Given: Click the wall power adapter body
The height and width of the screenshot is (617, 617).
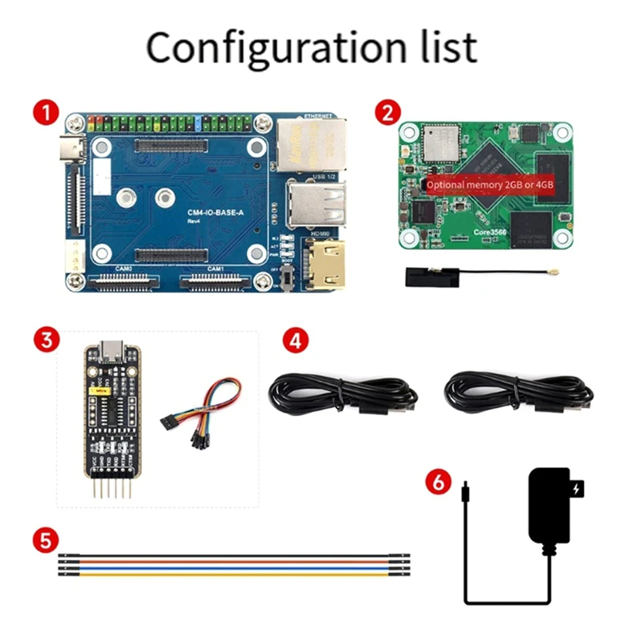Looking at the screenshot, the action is point(551,505).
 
